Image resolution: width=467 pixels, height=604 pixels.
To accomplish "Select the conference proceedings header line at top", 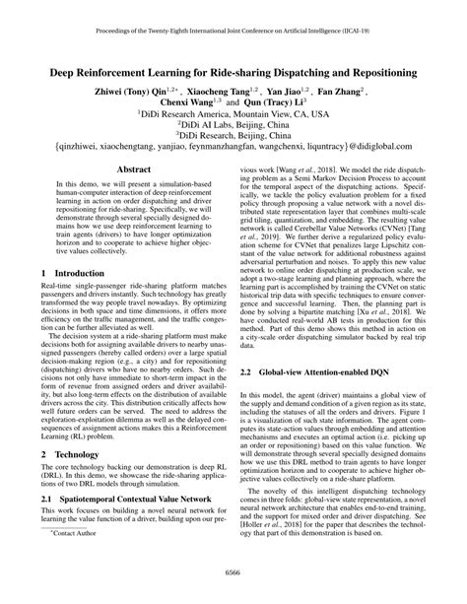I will tap(233, 31).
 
